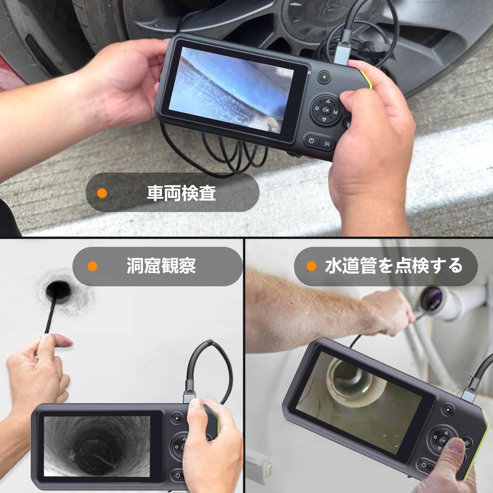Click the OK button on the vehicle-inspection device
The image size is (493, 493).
coord(326,110)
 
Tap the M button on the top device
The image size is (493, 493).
coord(335,113)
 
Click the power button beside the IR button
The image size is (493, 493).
coord(311,141)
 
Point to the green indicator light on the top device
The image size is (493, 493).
coord(324,77)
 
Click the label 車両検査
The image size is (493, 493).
coord(181,193)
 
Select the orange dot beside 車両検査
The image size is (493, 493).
coord(102,193)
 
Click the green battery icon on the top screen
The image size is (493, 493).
coord(287,74)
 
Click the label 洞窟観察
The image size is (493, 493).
coord(161,266)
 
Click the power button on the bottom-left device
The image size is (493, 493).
coord(178,475)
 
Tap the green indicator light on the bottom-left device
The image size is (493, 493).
coord(176,418)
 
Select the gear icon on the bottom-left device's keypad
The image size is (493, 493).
coord(176,447)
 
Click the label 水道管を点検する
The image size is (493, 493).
coord(393,266)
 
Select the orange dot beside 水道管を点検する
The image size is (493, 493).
coord(311,266)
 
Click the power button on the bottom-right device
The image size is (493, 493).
coord(424,465)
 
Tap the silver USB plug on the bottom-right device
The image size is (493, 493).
coord(469,394)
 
